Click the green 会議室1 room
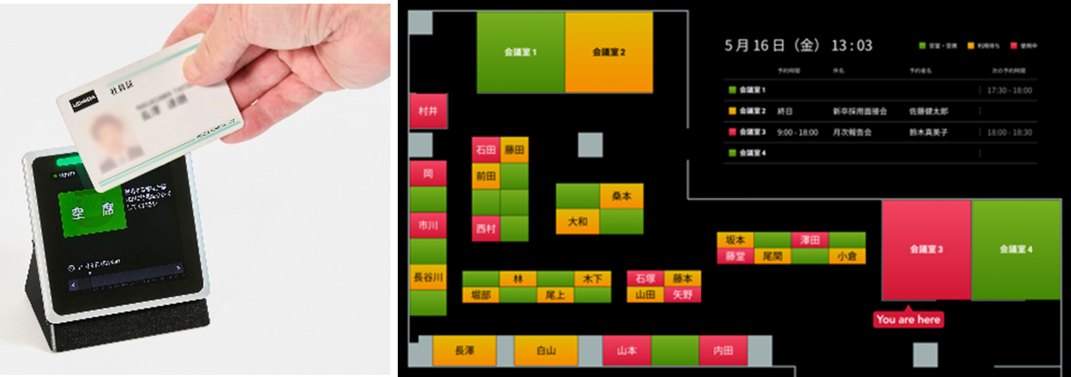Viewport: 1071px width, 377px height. tap(520, 53)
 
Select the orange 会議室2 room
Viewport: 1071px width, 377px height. tap(608, 53)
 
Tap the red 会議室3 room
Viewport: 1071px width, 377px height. tap(926, 250)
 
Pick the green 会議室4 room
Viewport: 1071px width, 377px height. tap(1016, 250)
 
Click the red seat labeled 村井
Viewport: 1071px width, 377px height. tap(428, 111)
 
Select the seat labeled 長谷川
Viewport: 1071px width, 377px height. tap(428, 277)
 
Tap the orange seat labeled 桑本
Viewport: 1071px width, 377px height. tap(621, 196)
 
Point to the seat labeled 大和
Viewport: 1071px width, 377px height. tap(577, 221)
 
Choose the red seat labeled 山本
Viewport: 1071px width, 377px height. tap(626, 351)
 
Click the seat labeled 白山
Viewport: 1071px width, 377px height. tap(546, 351)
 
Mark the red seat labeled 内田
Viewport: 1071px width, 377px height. tap(723, 351)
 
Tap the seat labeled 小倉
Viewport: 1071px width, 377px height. tap(847, 256)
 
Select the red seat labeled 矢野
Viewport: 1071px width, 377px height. tap(682, 294)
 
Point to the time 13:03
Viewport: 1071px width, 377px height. tap(851, 45)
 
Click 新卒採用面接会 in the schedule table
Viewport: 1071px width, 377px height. tap(859, 111)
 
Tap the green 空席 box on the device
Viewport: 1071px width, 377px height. tap(93, 213)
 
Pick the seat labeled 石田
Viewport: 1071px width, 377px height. tap(486, 150)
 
